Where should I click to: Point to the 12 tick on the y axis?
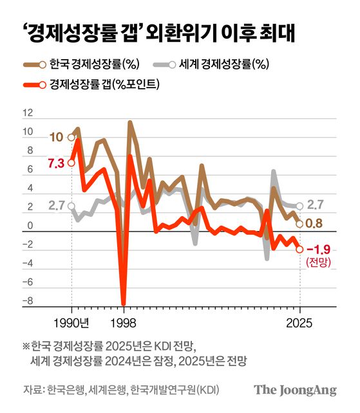pos(26,113)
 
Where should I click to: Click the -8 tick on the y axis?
pos(26,301)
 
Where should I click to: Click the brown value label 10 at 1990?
pos(55,138)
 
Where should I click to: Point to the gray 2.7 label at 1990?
pos(56,206)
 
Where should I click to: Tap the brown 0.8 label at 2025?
pos(314,223)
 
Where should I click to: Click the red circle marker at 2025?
pos(299,250)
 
